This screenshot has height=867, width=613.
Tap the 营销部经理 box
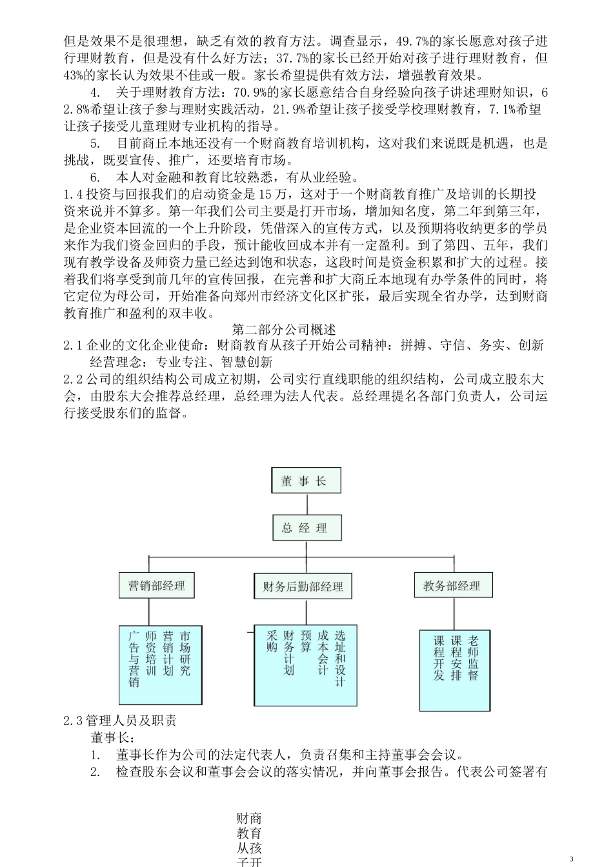click(x=157, y=586)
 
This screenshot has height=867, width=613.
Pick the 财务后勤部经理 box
click(x=303, y=587)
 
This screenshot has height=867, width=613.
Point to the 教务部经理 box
click(x=452, y=586)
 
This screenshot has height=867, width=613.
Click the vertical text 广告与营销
click(x=134, y=659)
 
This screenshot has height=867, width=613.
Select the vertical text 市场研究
click(x=185, y=653)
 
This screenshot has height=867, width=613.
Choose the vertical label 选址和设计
click(x=340, y=659)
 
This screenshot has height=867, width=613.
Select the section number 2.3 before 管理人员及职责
click(x=73, y=721)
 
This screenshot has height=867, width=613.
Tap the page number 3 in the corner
click(x=571, y=859)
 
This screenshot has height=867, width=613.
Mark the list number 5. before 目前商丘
click(x=95, y=143)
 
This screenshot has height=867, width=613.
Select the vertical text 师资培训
click(x=152, y=653)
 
